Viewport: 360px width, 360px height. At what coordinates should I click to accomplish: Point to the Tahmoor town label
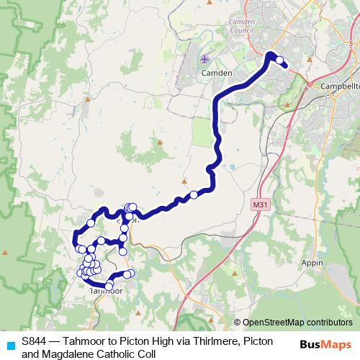coord(105,290)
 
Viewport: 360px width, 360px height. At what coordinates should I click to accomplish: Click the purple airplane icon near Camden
coord(206,58)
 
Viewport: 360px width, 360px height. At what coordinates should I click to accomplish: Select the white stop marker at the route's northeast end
coord(279,60)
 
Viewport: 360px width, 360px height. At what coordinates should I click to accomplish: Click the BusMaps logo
coord(323,344)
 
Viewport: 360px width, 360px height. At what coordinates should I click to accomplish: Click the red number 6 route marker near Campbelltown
coord(307,89)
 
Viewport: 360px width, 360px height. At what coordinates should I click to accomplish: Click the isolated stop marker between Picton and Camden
coord(194,194)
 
